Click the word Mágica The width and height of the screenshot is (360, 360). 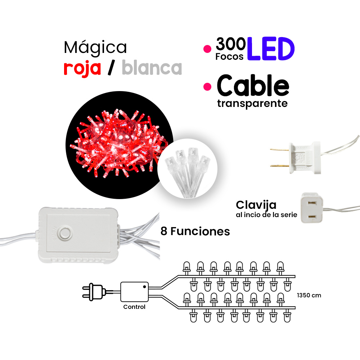pyautogui.click(x=95, y=48)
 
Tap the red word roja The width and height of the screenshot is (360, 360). pyautogui.click(x=82, y=68)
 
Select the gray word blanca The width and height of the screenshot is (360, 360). pyautogui.click(x=152, y=68)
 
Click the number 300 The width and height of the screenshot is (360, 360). pyautogui.click(x=231, y=45)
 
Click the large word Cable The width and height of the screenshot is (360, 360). pyautogui.click(x=253, y=87)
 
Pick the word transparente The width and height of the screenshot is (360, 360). pyautogui.click(x=252, y=104)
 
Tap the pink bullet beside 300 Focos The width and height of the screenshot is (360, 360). pyautogui.click(x=207, y=50)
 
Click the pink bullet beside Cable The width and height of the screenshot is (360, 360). pyautogui.click(x=207, y=86)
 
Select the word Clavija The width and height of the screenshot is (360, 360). pyautogui.click(x=256, y=205)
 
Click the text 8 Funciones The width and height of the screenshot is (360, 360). pyautogui.click(x=195, y=231)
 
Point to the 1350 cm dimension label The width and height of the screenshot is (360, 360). pyautogui.click(x=309, y=296)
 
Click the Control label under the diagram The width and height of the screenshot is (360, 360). pyautogui.click(x=134, y=307)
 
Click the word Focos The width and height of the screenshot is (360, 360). pyautogui.click(x=229, y=57)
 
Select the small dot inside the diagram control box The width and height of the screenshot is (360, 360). pyautogui.click(x=144, y=287)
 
